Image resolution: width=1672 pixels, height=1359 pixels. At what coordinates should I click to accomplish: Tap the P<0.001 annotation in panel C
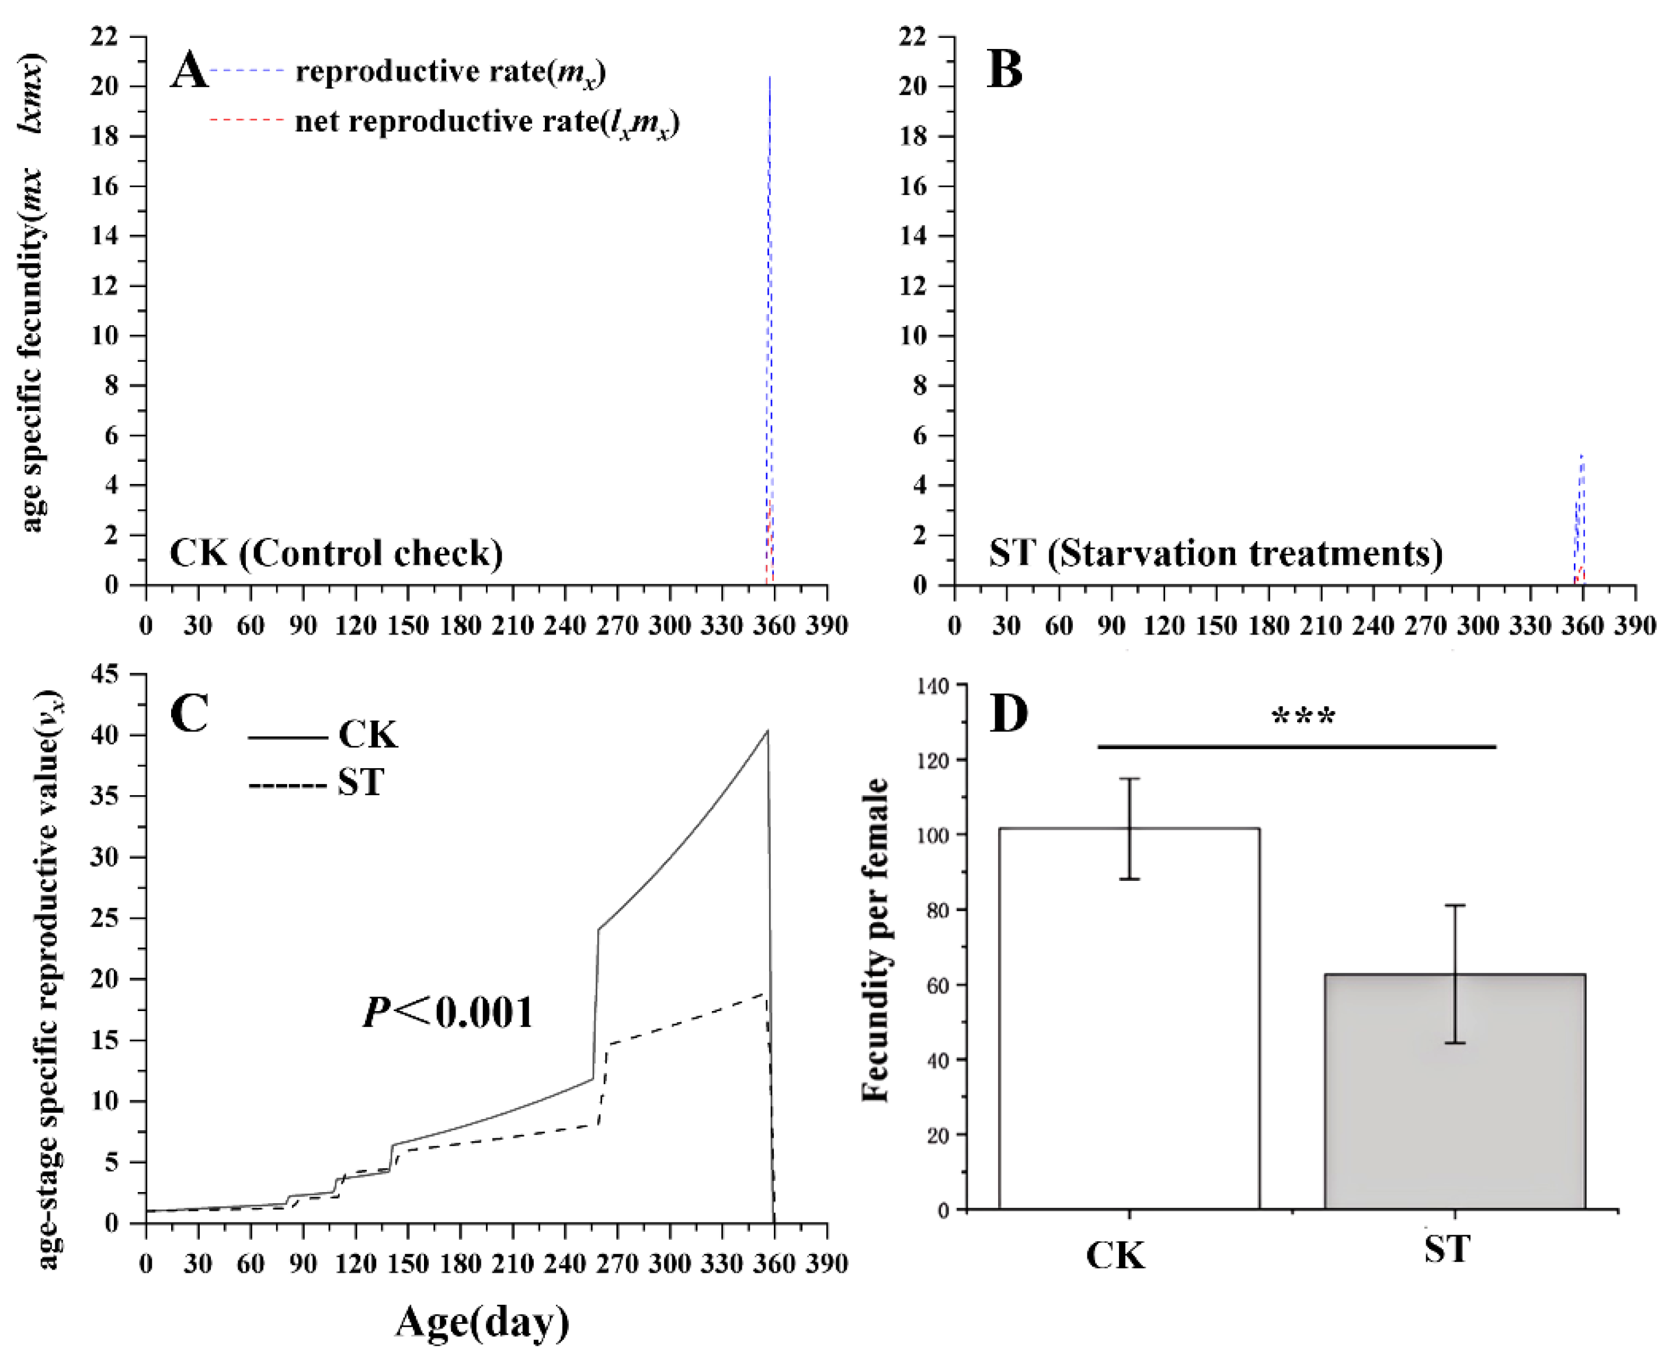click(x=448, y=1012)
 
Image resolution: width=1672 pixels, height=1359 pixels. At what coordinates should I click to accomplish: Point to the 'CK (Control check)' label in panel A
click(x=336, y=553)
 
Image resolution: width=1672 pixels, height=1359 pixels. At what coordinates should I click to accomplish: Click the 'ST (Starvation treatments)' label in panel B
click(x=1215, y=553)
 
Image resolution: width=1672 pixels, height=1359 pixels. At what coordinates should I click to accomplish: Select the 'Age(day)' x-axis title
click(x=482, y=1323)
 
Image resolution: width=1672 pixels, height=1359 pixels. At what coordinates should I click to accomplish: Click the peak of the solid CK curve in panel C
click(x=767, y=731)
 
